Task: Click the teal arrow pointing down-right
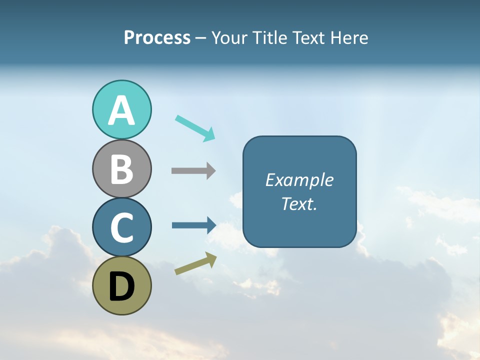click(x=195, y=128)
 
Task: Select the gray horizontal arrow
click(x=193, y=171)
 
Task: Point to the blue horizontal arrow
click(x=193, y=225)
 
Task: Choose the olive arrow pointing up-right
click(x=195, y=263)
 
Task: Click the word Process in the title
click(x=157, y=38)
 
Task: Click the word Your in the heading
click(x=230, y=38)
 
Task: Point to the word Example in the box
click(x=299, y=180)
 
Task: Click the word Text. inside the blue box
click(x=299, y=204)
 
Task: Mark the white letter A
click(x=121, y=111)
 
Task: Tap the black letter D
click(x=121, y=287)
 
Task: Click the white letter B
click(x=121, y=169)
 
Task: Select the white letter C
click(x=121, y=227)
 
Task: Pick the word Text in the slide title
click(x=307, y=38)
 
